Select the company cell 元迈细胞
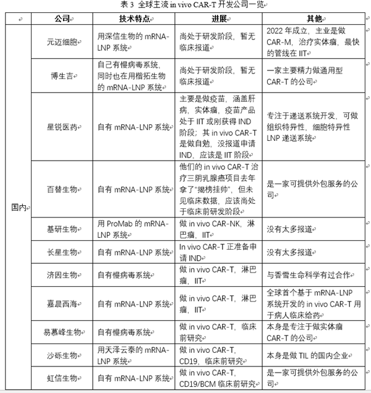tap(62, 42)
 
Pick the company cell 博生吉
tap(62, 75)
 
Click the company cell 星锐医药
tap(62, 127)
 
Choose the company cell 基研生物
tap(62, 229)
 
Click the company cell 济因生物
tap(62, 276)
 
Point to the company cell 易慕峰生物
tap(62, 332)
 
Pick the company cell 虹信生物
tap(62, 378)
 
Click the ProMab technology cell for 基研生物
tap(131, 229)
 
